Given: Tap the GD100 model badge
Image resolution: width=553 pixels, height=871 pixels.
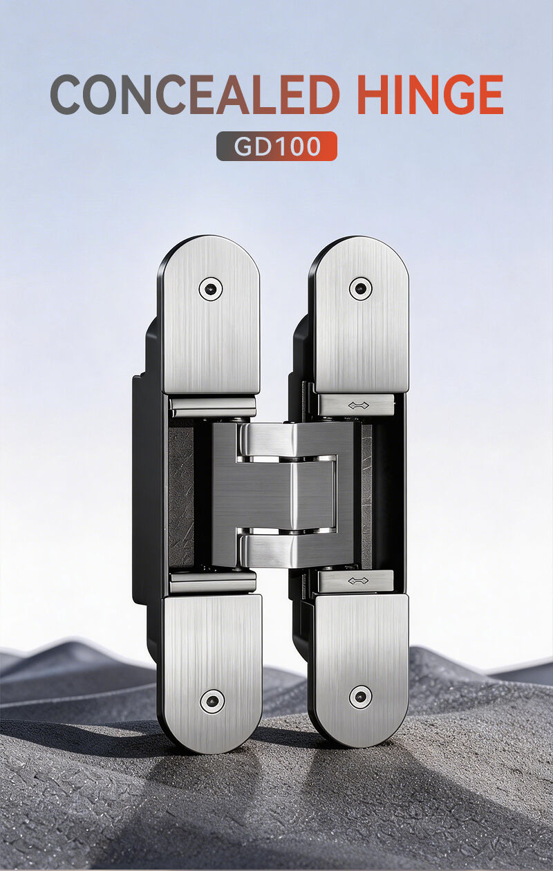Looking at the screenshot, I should tap(276, 146).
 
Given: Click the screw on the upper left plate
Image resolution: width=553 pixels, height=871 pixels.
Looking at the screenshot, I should tap(210, 288).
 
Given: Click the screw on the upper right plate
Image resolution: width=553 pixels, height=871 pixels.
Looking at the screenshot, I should tap(360, 288).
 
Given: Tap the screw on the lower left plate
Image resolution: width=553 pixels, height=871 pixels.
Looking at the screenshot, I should tap(212, 700).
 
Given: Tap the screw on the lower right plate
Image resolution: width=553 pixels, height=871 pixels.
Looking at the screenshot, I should tap(360, 697).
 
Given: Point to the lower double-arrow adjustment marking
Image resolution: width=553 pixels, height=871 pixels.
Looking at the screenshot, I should tap(357, 581).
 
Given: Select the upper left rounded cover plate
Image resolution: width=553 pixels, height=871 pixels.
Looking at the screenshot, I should tap(209, 325).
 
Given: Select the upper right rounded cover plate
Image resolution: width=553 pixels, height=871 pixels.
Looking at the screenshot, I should tap(359, 325).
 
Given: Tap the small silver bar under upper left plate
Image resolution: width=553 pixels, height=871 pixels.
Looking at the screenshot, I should tap(212, 407).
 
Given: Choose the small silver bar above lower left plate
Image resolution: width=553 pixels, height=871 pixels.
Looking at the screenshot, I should tap(212, 583).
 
